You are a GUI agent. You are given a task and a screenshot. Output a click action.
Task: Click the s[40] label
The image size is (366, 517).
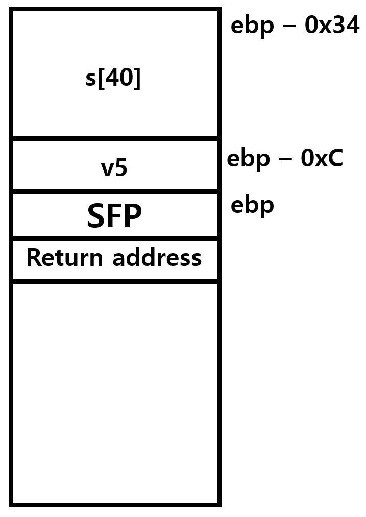tap(113, 78)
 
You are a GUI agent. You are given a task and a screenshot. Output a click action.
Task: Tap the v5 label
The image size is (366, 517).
tap(114, 168)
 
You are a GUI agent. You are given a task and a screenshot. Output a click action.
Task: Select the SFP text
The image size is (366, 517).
tap(114, 215)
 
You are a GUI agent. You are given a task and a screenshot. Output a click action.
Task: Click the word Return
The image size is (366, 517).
tap(65, 258)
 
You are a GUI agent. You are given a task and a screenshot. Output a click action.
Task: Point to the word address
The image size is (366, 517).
tap(157, 258)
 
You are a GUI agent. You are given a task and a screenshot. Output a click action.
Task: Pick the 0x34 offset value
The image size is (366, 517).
tap(332, 25)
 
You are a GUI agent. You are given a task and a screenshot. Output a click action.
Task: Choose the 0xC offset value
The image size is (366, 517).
tap(322, 158)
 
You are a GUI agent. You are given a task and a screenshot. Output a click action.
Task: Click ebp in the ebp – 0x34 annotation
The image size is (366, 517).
tap(252, 27)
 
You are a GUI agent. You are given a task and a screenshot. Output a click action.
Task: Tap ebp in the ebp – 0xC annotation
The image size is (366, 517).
tap(248, 160)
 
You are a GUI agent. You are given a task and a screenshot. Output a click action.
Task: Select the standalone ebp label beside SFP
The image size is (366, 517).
tap(252, 206)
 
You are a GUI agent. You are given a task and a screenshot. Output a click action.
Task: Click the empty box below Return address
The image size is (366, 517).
tap(115, 393)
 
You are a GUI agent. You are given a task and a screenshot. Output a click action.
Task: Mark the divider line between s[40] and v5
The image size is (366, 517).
tap(115, 138)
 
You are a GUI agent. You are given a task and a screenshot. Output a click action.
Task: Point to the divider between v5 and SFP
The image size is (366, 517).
tap(115, 191)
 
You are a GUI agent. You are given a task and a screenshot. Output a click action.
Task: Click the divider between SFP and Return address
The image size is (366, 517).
tap(115, 238)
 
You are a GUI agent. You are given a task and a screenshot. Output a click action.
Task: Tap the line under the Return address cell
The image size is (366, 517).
tap(115, 281)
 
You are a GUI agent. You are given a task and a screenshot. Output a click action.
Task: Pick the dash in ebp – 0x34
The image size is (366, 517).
tap(289, 26)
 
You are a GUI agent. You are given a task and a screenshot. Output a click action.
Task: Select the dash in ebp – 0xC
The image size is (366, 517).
tap(285, 159)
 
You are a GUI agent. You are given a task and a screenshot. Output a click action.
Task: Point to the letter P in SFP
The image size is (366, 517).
tap(133, 215)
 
